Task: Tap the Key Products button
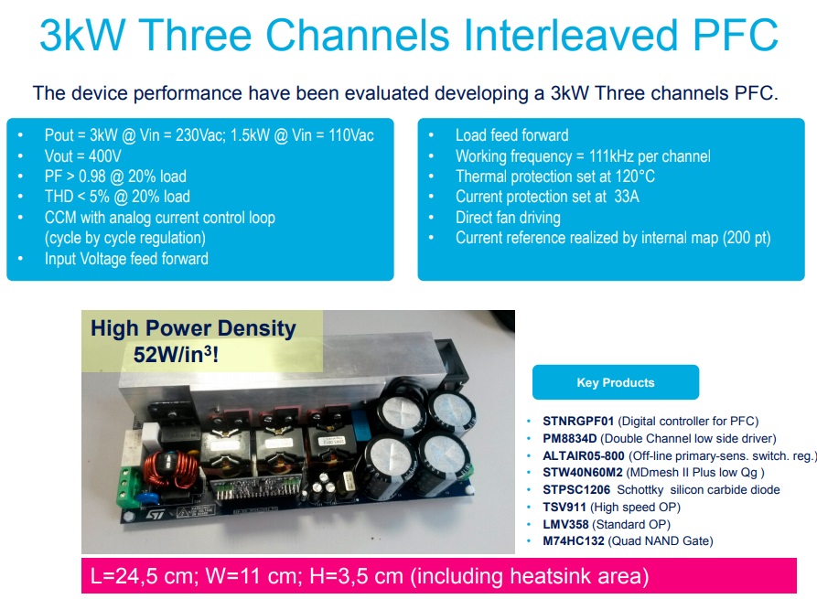click(x=616, y=382)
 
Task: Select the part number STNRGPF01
click(x=578, y=421)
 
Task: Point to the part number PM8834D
click(x=569, y=438)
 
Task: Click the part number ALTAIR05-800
click(x=583, y=455)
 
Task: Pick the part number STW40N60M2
click(x=583, y=473)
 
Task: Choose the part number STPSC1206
click(x=576, y=489)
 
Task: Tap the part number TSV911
click(x=564, y=507)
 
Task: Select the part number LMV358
click(x=565, y=524)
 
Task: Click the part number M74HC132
click(x=573, y=540)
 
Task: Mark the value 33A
click(x=627, y=197)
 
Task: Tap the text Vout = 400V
click(x=83, y=156)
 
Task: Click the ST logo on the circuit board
click(x=156, y=515)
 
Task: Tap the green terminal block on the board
click(x=130, y=487)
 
